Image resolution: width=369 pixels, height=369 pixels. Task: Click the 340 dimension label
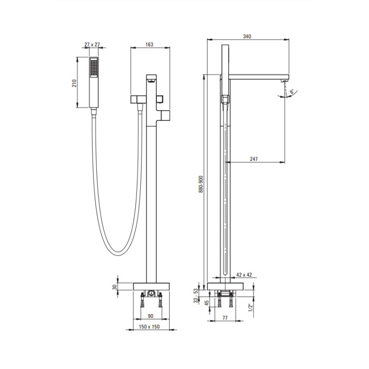pos(247,36)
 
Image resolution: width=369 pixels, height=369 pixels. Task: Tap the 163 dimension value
pos(149,44)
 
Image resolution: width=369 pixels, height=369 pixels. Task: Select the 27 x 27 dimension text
pos(92,44)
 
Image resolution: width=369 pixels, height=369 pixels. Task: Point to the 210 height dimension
pos(74,83)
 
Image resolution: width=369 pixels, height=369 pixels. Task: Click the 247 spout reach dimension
pos(254,159)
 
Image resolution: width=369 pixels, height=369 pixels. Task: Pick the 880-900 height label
pos(201,184)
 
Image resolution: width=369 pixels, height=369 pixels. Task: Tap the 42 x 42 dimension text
pos(244,274)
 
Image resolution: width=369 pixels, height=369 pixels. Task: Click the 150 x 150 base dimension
pos(149,327)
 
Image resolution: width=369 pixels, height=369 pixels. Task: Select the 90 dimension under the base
pos(151,316)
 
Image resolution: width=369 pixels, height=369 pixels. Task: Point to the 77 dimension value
pos(225,318)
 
